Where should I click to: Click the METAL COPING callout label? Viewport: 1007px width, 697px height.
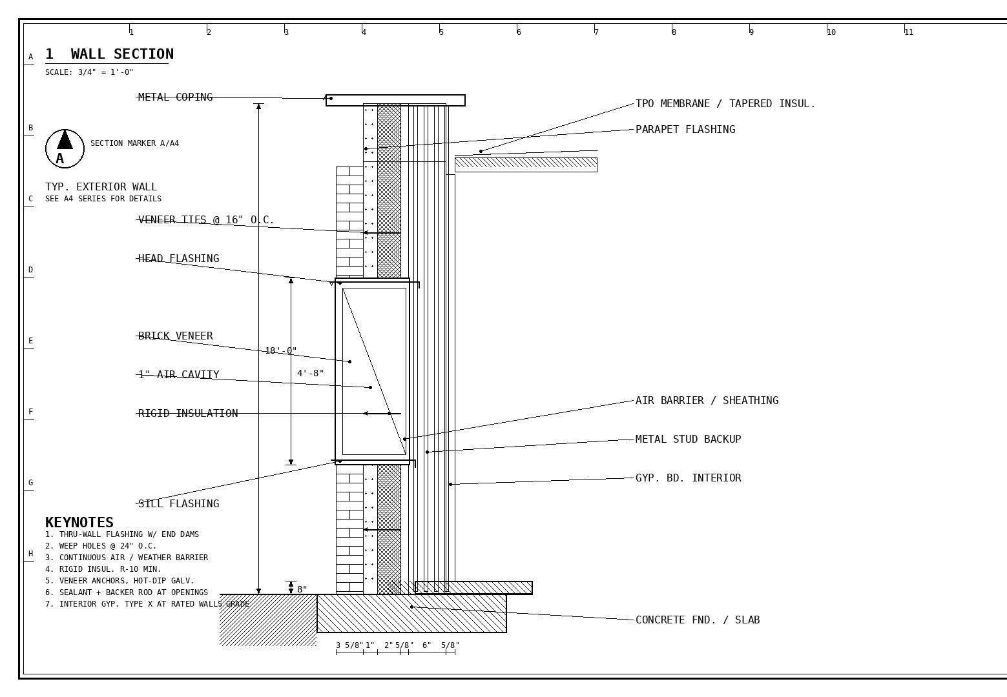point(175,97)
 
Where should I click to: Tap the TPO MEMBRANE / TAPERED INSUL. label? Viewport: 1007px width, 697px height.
point(725,104)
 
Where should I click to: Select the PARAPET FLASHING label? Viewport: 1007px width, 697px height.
point(685,129)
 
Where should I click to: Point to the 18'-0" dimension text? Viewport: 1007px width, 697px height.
point(281,350)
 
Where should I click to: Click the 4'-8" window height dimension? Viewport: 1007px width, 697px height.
point(310,373)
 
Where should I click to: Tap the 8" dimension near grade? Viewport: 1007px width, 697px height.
point(302,589)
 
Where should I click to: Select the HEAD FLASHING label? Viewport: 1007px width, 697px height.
point(178,258)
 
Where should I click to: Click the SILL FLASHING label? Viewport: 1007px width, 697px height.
point(178,503)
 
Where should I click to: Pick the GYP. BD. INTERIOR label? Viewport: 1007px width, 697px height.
point(689,478)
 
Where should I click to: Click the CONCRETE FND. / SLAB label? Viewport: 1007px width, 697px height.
point(698,620)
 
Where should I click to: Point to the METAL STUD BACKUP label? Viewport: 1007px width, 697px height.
point(689,439)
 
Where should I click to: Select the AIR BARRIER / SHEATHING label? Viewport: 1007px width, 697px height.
point(707,400)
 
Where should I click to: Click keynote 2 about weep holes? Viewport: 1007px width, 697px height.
point(101,546)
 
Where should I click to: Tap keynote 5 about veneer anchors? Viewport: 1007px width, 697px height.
point(119,581)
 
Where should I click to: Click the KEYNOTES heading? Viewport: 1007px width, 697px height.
point(79,522)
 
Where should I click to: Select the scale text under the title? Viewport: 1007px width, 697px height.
point(89,72)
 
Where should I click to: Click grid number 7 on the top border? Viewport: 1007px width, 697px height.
point(596,32)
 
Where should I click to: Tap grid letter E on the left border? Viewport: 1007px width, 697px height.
point(30,340)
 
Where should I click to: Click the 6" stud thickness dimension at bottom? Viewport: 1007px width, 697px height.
point(426,645)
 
